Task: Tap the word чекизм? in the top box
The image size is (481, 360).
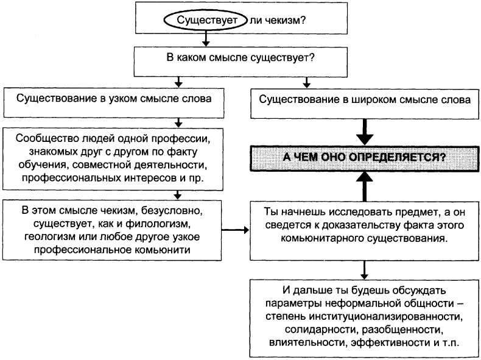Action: (x=284, y=20)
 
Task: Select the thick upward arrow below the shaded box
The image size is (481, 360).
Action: (x=363, y=186)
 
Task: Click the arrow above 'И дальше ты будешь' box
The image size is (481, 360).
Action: (x=363, y=268)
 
